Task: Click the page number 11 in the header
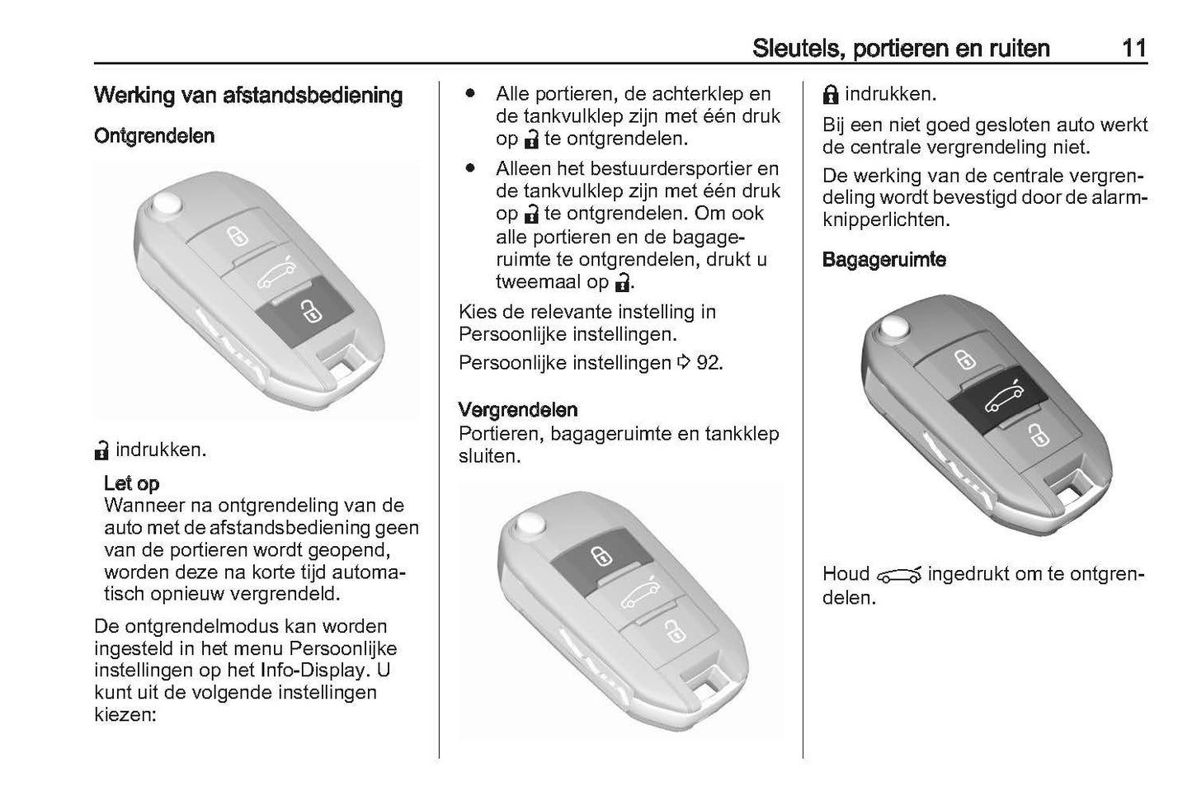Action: (1133, 48)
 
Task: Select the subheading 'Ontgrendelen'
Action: (154, 136)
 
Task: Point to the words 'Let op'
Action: (132, 483)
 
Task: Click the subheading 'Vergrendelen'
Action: (518, 410)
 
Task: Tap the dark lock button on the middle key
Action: (596, 553)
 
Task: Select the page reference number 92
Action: (709, 363)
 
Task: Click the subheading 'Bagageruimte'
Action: (883, 260)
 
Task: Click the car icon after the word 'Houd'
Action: (898, 575)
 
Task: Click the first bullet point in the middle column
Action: (470, 93)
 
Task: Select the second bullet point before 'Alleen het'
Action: (470, 168)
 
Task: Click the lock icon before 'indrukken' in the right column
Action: (831, 95)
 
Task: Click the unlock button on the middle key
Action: (670, 631)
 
